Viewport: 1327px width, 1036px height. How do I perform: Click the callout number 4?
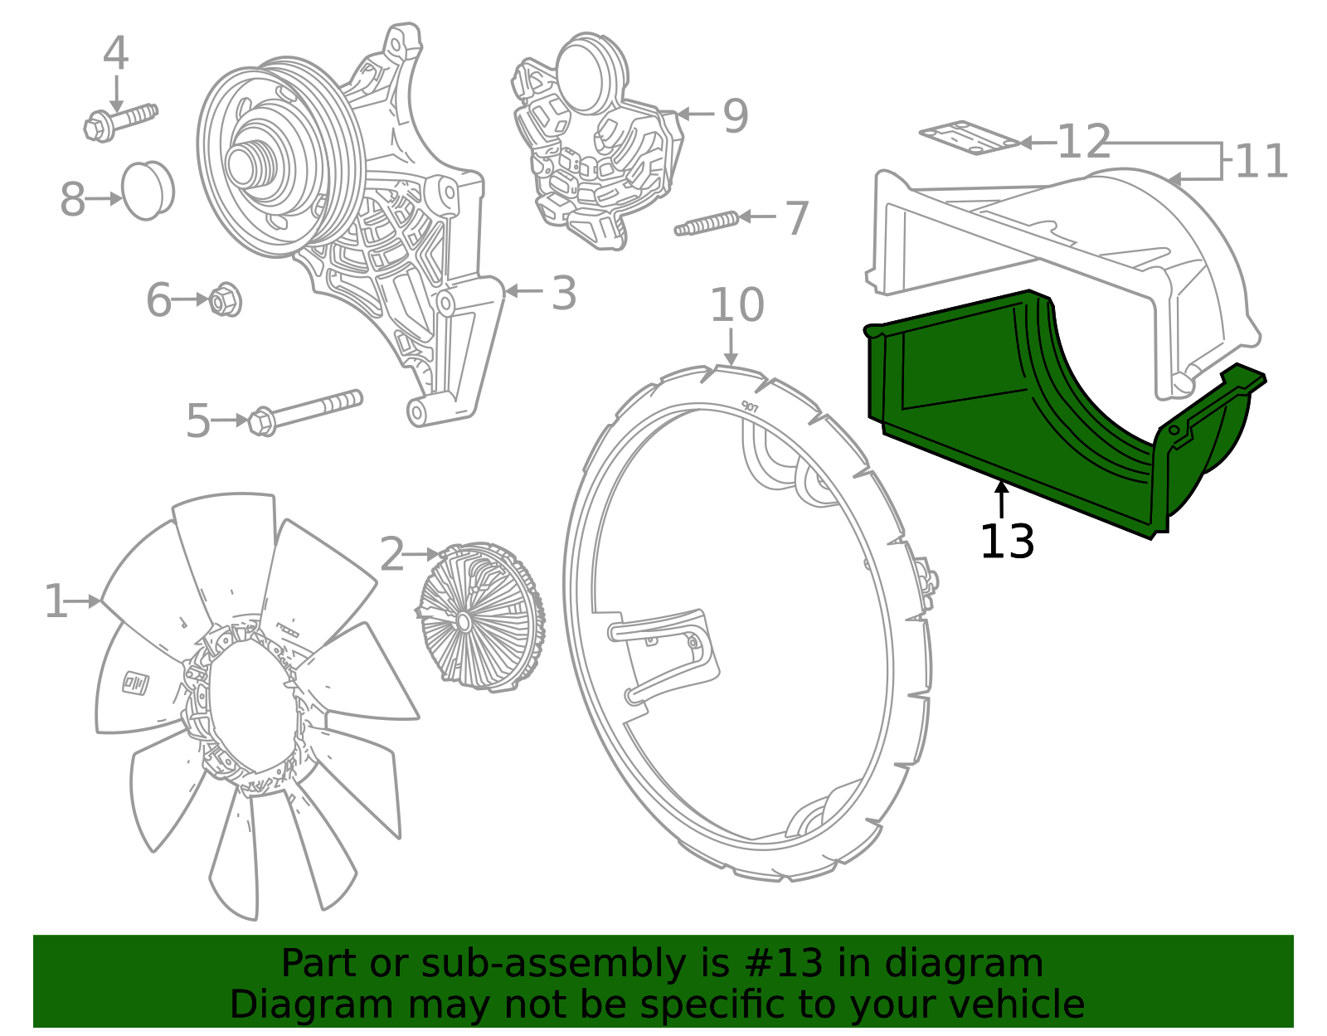point(115,54)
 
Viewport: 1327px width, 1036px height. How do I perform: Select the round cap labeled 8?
point(148,190)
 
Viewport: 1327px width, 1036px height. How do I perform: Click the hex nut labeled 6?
point(225,299)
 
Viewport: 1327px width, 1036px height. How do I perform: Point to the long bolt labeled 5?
point(307,410)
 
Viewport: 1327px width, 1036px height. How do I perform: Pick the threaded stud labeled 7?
point(707,224)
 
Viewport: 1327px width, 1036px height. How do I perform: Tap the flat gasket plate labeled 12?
point(967,137)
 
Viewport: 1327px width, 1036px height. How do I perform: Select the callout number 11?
point(1261,161)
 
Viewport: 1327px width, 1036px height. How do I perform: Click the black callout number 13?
point(1007,542)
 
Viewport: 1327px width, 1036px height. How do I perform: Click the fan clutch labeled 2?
point(479,615)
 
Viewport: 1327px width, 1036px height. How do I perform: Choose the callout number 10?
point(736,305)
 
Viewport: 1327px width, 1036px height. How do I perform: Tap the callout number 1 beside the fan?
point(56,601)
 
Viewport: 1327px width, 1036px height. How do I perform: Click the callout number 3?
point(564,293)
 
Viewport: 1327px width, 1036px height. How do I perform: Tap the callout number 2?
point(391,554)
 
